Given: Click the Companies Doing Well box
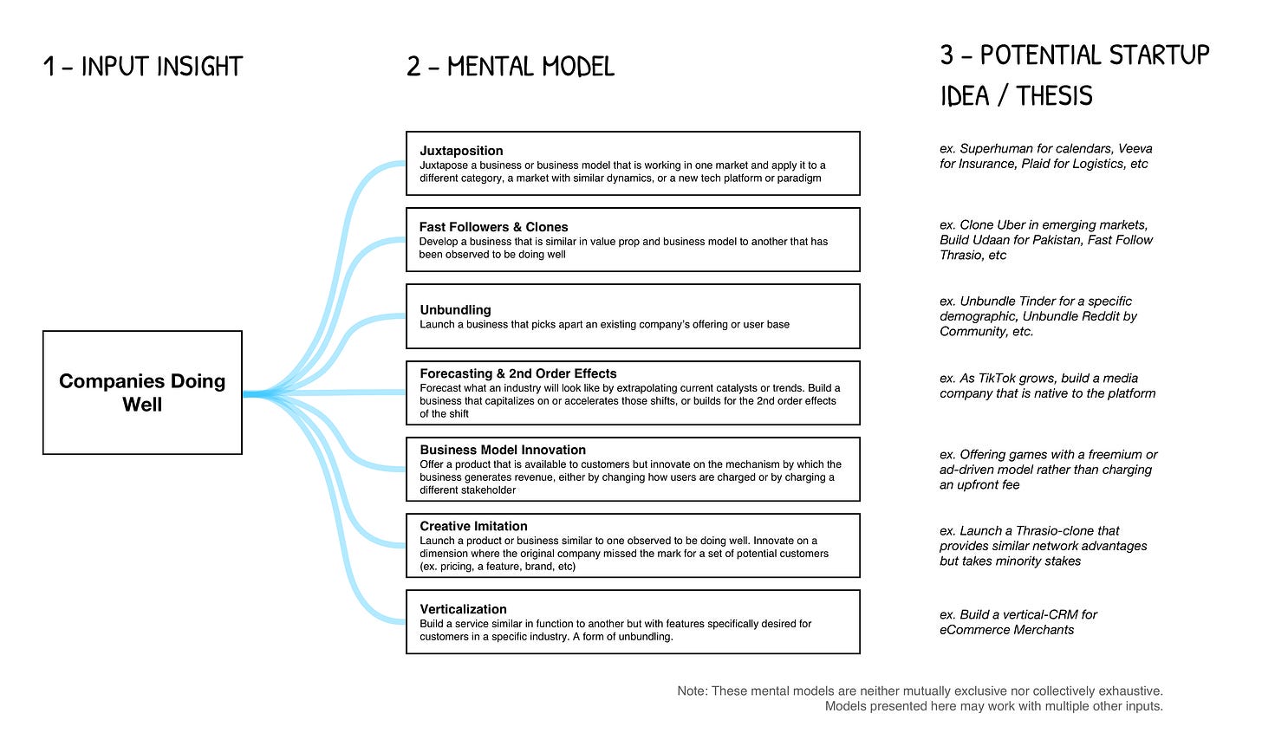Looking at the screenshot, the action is pos(142,392).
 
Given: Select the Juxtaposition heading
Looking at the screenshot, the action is pos(461,151).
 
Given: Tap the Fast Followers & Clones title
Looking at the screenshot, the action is pos(493,227).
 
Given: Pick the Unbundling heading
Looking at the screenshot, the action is pos(455,309).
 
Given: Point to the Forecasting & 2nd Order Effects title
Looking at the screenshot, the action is pos(518,373).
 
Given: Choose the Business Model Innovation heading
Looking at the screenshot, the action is pos(503,450).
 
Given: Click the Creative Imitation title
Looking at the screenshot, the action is pos(473,526).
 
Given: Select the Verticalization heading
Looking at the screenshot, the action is pos(463,609).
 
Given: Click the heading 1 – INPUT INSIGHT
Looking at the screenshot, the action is pos(143,67).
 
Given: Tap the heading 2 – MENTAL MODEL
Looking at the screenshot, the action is pos(511,67).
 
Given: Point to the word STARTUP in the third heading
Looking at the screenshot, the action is pos(1160,55).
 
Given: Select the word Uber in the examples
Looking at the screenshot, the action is pos(1009,224).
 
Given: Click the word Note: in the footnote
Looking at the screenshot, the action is pos(693,691).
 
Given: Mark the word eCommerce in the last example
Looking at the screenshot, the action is pos(970,629).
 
